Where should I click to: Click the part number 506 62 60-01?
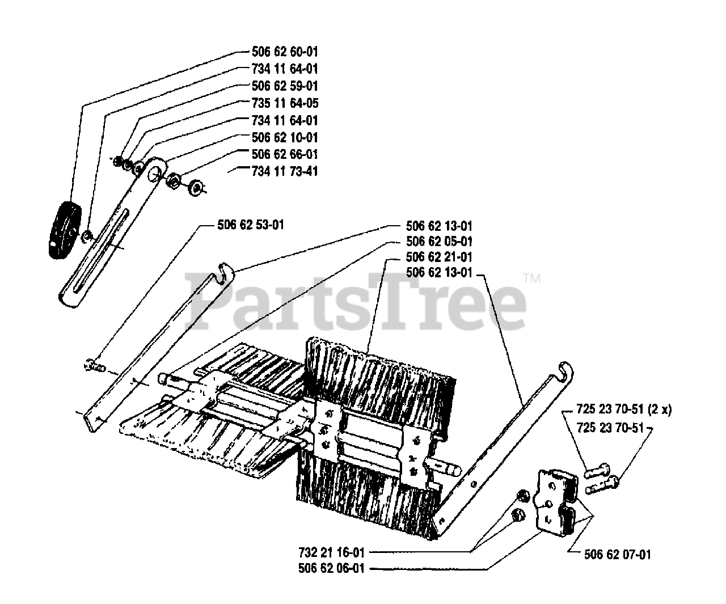coord(284,52)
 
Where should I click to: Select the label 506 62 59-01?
coord(284,86)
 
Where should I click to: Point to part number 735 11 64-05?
coord(284,103)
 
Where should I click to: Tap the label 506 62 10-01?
coord(284,137)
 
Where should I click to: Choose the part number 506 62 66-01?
coord(284,154)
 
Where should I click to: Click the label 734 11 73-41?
coord(284,171)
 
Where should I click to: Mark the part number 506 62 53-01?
coord(250,225)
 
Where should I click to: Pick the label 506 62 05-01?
coord(439,242)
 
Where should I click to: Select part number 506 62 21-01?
coord(439,257)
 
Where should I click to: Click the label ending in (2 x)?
coord(623,410)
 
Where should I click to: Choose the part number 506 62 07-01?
coord(617,554)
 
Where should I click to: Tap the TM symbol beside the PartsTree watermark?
coord(531,279)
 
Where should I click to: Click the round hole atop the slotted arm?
coord(154,172)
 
